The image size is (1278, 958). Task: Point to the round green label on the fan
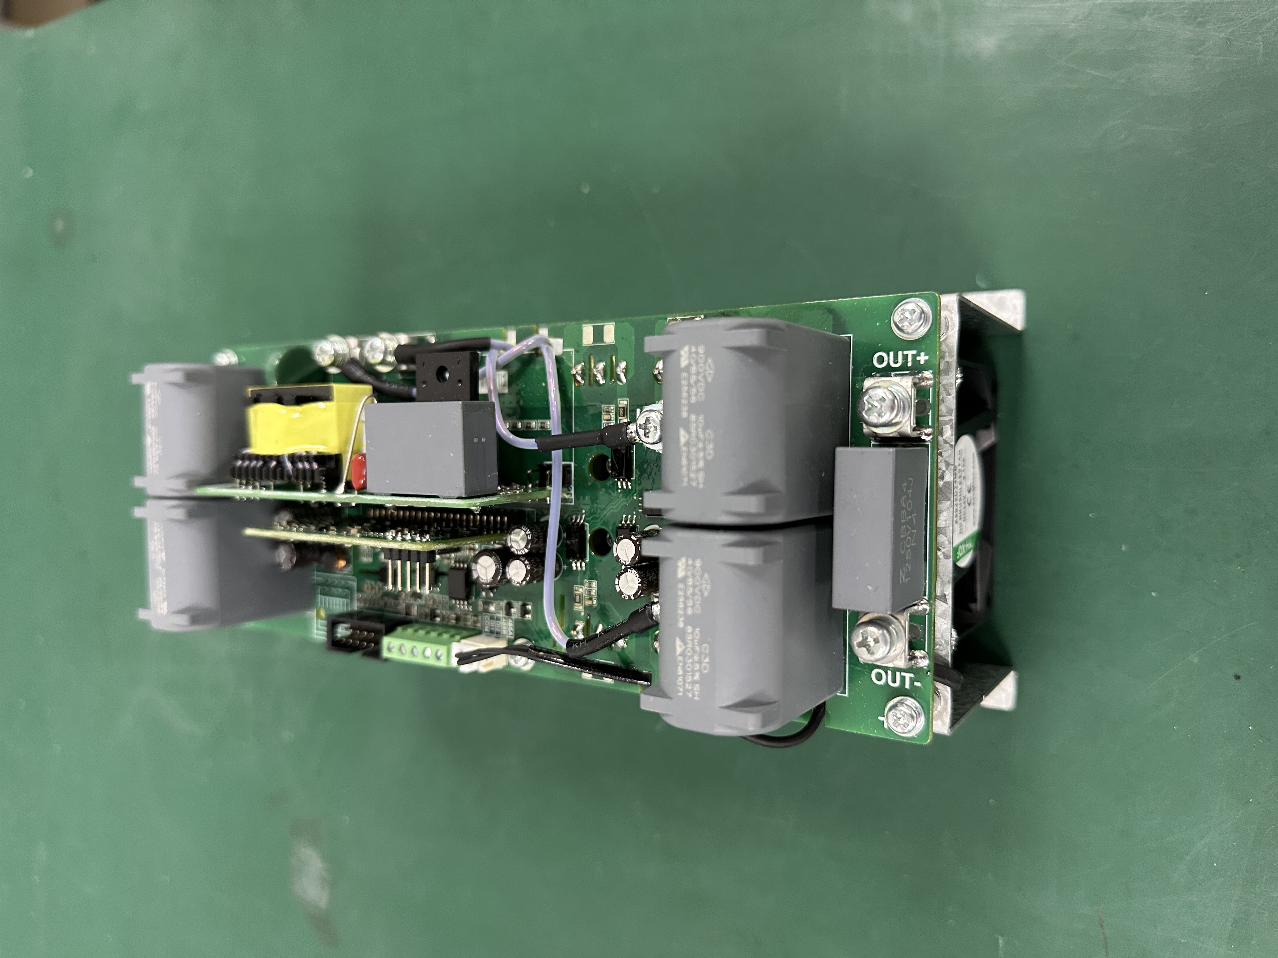coord(971,508)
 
